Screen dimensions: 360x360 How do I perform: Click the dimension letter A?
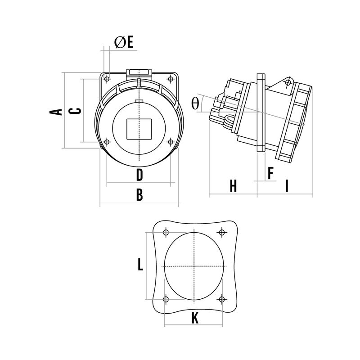pos(55,111)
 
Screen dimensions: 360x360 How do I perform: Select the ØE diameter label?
pos(124,42)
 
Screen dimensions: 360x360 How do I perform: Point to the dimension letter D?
pos(139,174)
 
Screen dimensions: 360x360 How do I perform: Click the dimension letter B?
pos(139,195)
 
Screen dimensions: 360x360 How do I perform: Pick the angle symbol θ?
pos(195,103)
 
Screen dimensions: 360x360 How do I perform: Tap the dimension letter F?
pos(271,173)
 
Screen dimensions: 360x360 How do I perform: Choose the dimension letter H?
pos(233,186)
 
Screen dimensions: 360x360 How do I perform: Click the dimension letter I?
pos(287,186)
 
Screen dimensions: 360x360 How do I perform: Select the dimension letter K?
pos(195,318)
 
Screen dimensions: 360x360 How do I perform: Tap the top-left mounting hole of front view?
pos(107,80)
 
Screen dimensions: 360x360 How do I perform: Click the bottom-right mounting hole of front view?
pos(170,142)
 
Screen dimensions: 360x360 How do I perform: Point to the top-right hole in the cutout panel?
pos(221,232)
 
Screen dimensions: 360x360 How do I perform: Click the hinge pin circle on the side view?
pos(288,83)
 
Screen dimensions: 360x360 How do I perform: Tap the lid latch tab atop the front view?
pos(140,72)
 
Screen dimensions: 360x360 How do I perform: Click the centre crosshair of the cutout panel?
pos(194,266)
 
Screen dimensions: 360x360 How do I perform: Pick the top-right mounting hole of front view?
pos(171,79)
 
